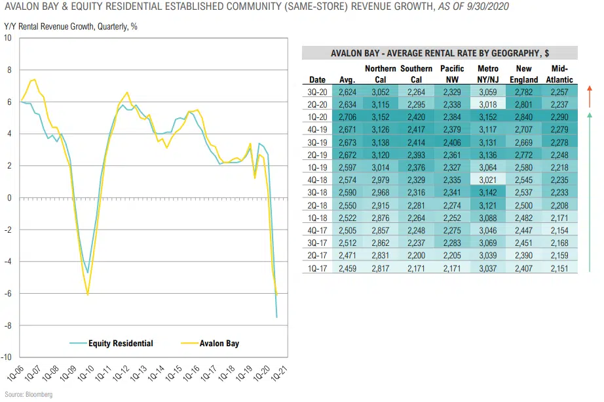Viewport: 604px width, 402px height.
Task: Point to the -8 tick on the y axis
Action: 9,326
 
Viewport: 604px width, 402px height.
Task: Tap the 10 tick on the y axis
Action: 9,38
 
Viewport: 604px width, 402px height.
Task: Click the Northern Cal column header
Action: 380,74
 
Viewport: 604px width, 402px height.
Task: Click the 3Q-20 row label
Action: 317,92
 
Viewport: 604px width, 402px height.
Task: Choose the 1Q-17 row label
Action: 317,268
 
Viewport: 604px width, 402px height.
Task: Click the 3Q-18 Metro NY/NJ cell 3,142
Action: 488,192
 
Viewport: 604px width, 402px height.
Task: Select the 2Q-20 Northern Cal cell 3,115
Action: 380,104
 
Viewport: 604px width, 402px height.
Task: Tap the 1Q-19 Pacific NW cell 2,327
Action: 452,167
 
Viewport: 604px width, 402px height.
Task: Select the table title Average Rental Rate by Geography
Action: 440,53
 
